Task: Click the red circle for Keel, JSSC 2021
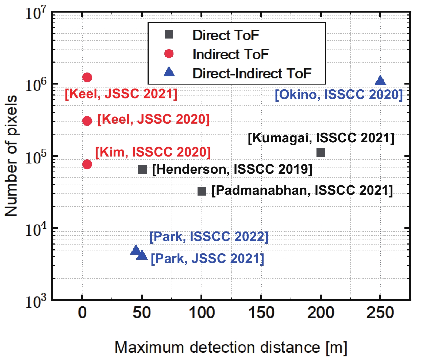click(x=87, y=78)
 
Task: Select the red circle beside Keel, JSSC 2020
click(x=87, y=121)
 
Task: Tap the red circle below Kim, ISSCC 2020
click(x=87, y=164)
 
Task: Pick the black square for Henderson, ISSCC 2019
click(x=142, y=169)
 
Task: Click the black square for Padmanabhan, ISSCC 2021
click(x=202, y=191)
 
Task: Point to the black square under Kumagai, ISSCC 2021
click(x=321, y=152)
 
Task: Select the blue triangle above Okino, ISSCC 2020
click(x=380, y=80)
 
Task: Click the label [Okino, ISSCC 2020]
click(x=339, y=95)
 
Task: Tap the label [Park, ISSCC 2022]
click(x=209, y=237)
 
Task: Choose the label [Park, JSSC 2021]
click(x=207, y=259)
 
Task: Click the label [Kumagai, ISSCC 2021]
click(x=321, y=138)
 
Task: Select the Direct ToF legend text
click(x=226, y=35)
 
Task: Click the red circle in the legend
click(x=169, y=54)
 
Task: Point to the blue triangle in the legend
click(x=169, y=72)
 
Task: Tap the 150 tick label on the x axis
click(x=261, y=313)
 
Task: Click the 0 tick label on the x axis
click(x=82, y=313)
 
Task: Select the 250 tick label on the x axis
click(x=380, y=313)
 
